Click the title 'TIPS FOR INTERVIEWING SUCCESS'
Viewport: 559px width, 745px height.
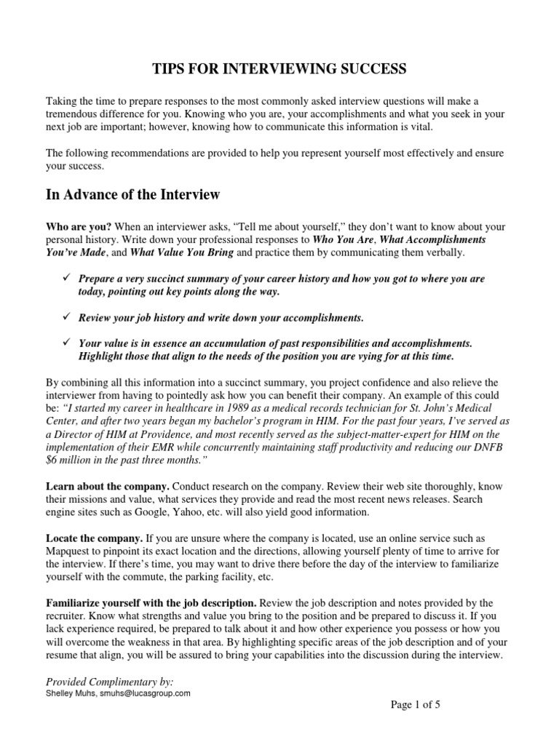pos(279,69)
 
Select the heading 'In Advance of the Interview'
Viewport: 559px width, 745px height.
pos(133,194)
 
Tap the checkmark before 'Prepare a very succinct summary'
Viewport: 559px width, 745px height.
pos(66,279)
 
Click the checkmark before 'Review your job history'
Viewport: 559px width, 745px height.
pos(66,318)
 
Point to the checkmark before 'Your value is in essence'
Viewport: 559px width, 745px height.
pos(66,343)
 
